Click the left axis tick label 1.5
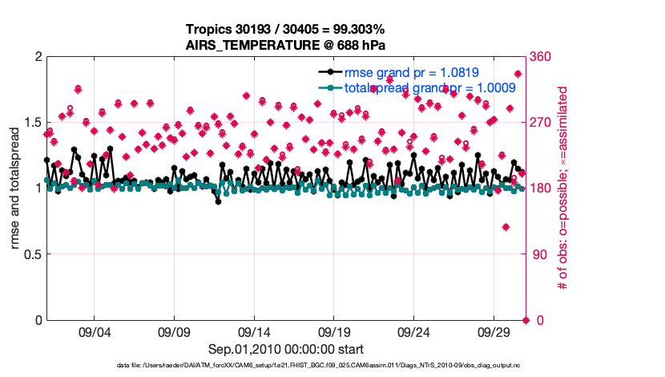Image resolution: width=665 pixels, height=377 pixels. (x=31, y=123)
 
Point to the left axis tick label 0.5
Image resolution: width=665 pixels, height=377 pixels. (x=31, y=254)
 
